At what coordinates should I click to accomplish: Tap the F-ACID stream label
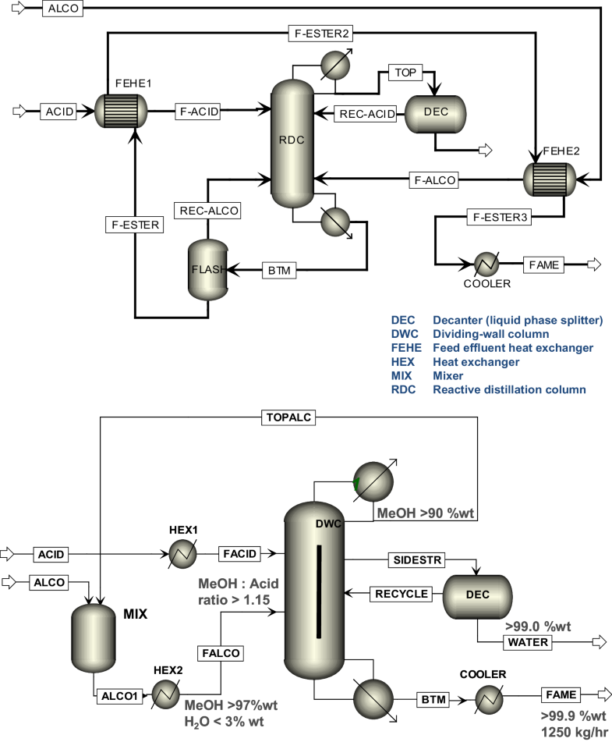pos(197,112)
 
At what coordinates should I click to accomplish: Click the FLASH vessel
pos(207,270)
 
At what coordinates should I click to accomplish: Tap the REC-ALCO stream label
pos(208,210)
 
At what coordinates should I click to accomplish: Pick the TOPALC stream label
pos(288,417)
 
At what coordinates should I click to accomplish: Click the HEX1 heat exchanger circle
pos(183,554)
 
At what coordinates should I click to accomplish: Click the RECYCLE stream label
pos(402,594)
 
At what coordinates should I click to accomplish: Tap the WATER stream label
pos(528,642)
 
